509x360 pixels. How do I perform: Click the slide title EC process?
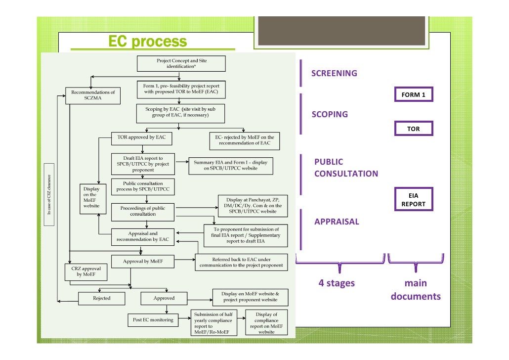(147, 42)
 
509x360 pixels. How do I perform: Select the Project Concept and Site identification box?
(181, 63)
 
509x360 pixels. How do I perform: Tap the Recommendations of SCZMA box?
(93, 95)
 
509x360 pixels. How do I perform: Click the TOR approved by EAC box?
(141, 137)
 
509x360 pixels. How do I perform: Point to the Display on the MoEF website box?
(91, 197)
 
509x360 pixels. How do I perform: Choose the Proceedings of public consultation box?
(142, 211)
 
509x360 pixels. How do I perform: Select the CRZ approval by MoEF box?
(83, 271)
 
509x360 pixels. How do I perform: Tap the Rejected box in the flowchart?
(101, 298)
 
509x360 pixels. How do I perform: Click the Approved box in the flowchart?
(164, 298)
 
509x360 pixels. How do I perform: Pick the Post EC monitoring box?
(153, 319)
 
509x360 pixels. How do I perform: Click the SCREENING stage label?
(334, 74)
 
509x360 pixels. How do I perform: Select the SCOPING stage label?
(330, 114)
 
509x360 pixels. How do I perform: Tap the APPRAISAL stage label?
(337, 222)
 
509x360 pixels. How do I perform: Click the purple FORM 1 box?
(414, 94)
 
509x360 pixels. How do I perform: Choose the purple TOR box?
(414, 129)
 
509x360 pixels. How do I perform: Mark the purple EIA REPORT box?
(413, 200)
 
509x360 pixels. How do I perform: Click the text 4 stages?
(337, 283)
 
